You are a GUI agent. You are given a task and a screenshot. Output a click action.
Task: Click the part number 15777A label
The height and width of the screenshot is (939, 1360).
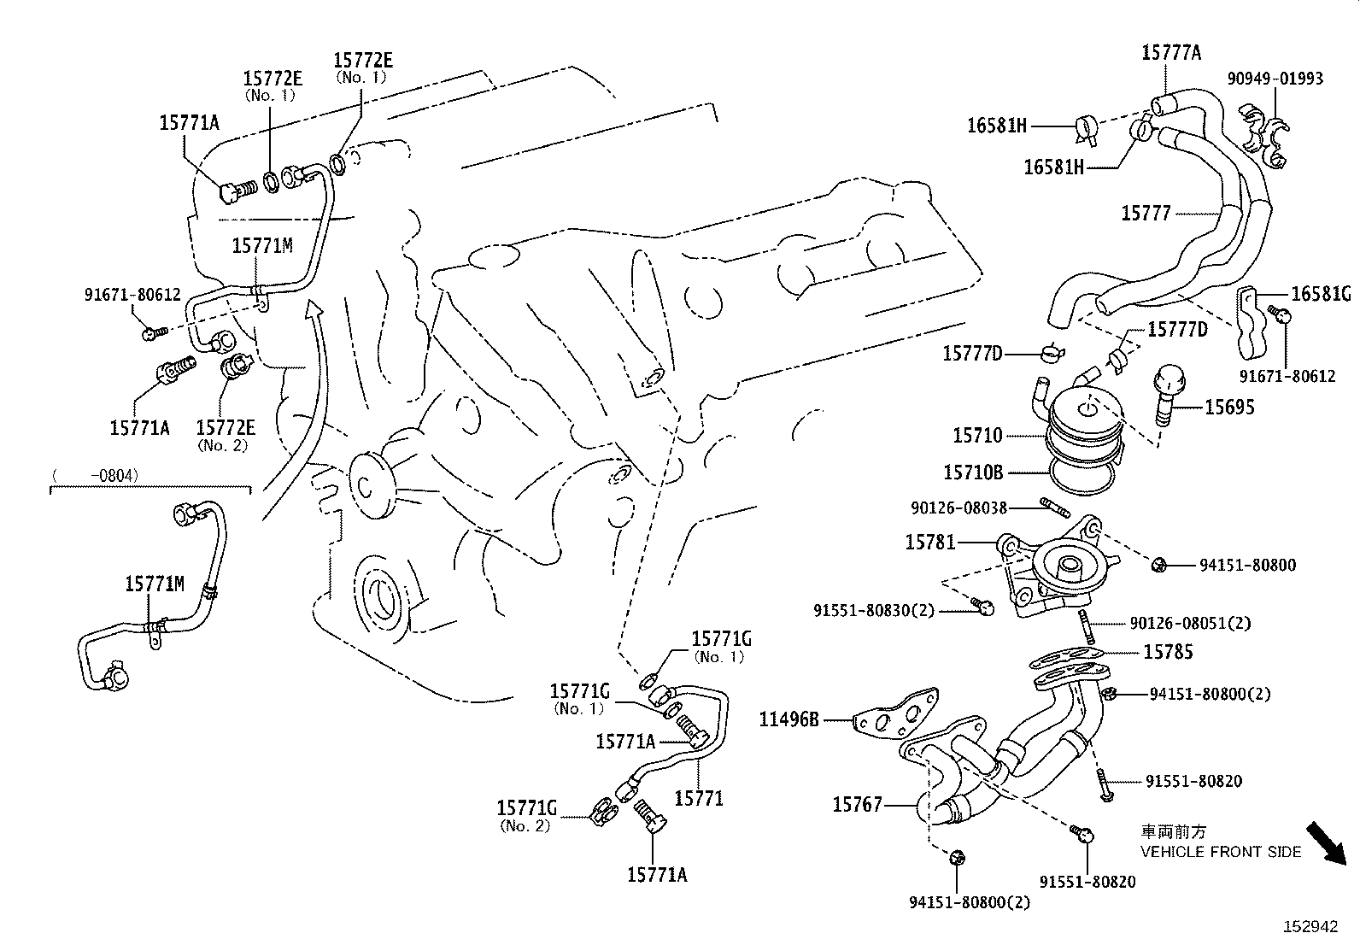tap(1170, 53)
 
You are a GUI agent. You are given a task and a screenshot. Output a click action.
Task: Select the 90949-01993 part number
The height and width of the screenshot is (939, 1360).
tap(1275, 79)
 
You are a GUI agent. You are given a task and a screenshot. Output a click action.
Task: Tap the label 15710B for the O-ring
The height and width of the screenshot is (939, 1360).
tap(972, 472)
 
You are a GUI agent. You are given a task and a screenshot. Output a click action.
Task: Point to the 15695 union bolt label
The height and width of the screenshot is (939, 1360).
tap(1228, 408)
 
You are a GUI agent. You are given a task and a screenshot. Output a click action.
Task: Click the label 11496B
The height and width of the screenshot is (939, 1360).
tap(788, 719)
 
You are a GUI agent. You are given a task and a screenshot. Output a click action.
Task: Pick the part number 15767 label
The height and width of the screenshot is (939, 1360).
tap(857, 805)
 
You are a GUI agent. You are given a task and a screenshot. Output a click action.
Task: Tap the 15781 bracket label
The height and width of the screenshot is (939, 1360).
tap(930, 543)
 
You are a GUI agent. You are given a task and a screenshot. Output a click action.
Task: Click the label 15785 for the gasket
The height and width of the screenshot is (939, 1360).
tap(1168, 652)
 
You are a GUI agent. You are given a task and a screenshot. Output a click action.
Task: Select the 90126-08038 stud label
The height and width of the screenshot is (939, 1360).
tap(958, 508)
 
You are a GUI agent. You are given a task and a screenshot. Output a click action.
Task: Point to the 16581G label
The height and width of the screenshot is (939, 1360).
tap(1320, 295)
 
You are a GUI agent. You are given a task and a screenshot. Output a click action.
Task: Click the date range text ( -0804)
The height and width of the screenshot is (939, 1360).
tap(95, 475)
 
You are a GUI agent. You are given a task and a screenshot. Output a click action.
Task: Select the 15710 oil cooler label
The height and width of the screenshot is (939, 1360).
tap(977, 436)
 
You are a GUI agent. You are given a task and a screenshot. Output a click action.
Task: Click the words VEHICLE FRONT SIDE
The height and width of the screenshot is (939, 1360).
tap(1221, 852)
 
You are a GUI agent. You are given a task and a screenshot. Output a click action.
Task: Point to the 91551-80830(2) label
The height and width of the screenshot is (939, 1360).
tap(874, 610)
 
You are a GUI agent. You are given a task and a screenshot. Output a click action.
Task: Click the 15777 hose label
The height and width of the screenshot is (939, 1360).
tap(1146, 213)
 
